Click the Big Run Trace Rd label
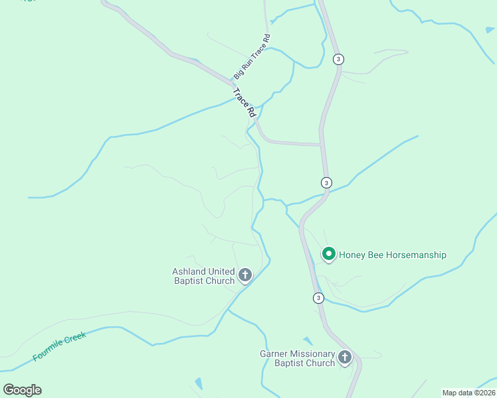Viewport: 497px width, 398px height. (x=252, y=56)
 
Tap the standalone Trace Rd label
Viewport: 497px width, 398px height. (x=245, y=103)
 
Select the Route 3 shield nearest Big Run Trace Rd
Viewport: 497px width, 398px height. (x=339, y=59)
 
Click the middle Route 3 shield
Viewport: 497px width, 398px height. (x=326, y=182)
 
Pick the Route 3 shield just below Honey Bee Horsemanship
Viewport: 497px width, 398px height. (x=318, y=298)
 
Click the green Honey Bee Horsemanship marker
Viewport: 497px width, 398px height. (x=328, y=253)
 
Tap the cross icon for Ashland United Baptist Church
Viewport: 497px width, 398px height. (x=245, y=275)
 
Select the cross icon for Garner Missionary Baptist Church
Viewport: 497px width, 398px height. (x=344, y=358)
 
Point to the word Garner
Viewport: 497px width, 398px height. (x=275, y=354)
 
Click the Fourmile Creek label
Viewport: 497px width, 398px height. (x=59, y=346)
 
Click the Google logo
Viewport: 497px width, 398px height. (x=22, y=390)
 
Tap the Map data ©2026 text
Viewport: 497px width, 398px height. (x=469, y=393)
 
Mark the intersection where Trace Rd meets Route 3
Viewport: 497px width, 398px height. (x=322, y=144)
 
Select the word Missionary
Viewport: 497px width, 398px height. (x=316, y=354)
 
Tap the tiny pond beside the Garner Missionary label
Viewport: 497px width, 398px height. (x=307, y=341)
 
